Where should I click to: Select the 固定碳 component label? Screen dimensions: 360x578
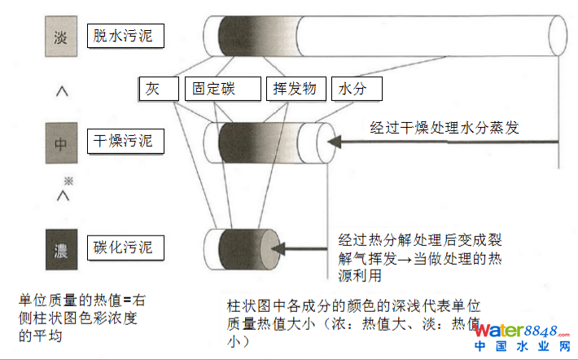pyautogui.click(x=221, y=88)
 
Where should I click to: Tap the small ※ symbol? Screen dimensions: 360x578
pyautogui.click(x=69, y=179)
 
